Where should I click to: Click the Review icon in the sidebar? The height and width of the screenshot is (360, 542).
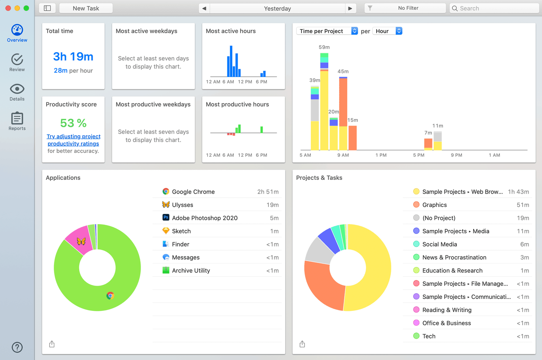tap(17, 60)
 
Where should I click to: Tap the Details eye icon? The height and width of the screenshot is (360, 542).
tap(17, 89)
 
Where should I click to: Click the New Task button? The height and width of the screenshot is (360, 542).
tap(86, 8)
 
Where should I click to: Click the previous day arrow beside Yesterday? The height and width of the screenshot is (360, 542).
tap(204, 8)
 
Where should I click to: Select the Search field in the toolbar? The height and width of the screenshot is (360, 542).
tap(494, 8)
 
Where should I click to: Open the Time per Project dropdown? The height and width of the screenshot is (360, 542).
tap(327, 31)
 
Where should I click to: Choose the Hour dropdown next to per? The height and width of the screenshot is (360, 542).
tap(387, 31)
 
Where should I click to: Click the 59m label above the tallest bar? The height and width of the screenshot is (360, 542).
tap(324, 47)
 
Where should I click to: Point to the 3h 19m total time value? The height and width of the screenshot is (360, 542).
tap(73, 57)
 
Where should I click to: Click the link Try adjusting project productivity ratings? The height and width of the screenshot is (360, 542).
tap(73, 140)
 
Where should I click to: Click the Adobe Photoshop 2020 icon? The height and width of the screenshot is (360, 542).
tap(166, 217)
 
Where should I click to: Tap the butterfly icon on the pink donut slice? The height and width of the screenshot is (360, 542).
tap(81, 241)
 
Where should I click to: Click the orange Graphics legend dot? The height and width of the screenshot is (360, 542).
tap(416, 205)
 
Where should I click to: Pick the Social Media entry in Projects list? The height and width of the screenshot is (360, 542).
tap(439, 244)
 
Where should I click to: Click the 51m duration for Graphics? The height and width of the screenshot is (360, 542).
tap(523, 205)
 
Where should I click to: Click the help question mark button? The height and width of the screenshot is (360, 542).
tap(17, 347)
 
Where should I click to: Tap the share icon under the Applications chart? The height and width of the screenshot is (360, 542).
tap(52, 344)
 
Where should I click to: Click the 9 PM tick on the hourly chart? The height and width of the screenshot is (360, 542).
tap(456, 155)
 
